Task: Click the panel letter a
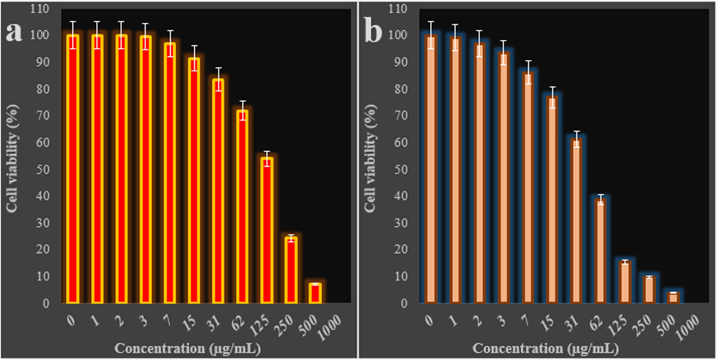(14, 32)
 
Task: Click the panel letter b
(373, 32)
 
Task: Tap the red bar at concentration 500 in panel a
(315, 293)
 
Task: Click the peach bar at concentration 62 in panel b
(600, 251)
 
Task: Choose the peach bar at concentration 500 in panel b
(673, 298)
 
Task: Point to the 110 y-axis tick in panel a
(39, 9)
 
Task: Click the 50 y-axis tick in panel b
(401, 170)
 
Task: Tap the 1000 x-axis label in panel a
(329, 327)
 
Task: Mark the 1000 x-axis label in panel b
(687, 327)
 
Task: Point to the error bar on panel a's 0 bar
(73, 35)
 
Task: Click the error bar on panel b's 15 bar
(552, 97)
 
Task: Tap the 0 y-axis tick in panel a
(46, 303)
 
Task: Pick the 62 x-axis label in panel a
(238, 323)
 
